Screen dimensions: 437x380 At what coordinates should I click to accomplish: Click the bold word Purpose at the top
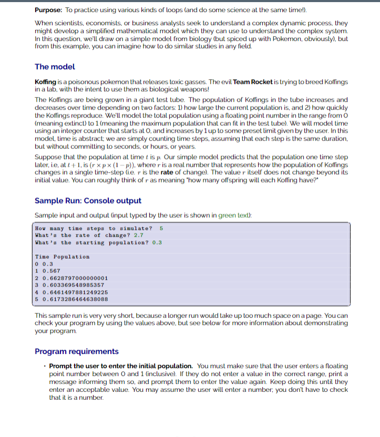pos(48,9)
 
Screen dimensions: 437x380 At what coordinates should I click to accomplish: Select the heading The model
pos(55,67)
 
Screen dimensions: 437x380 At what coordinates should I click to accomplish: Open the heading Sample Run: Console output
pos(88,200)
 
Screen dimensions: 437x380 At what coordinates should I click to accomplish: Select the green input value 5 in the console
pos(161,228)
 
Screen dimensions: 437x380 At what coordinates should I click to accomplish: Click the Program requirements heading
pos(77,351)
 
